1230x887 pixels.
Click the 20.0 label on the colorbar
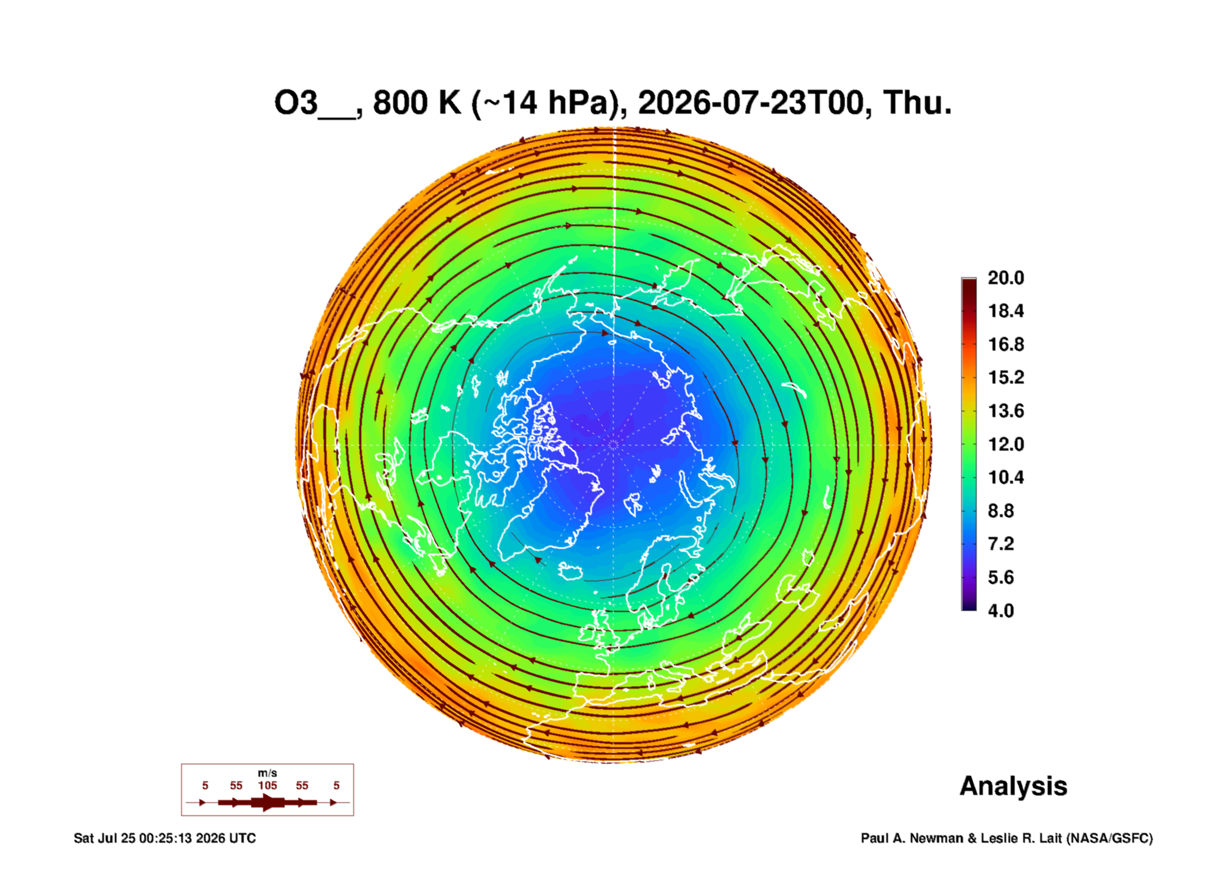1006,278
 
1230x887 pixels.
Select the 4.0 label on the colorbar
1000,611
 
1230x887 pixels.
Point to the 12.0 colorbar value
1006,444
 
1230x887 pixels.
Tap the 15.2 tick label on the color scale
1006,377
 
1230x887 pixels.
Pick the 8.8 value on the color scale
1000,511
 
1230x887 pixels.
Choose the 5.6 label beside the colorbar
1000,577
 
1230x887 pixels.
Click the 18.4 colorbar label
1006,311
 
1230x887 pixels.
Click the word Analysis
1013,786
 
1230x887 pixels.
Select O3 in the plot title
295,103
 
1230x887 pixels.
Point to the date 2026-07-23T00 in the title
750,103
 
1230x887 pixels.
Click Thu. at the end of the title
917,103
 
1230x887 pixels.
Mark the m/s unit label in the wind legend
267,773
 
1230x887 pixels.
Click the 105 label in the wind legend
267,785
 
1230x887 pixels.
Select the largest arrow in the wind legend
268,802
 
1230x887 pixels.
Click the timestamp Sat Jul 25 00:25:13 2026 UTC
165,838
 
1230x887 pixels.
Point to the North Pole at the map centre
614,444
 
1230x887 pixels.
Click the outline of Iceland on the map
571,571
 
